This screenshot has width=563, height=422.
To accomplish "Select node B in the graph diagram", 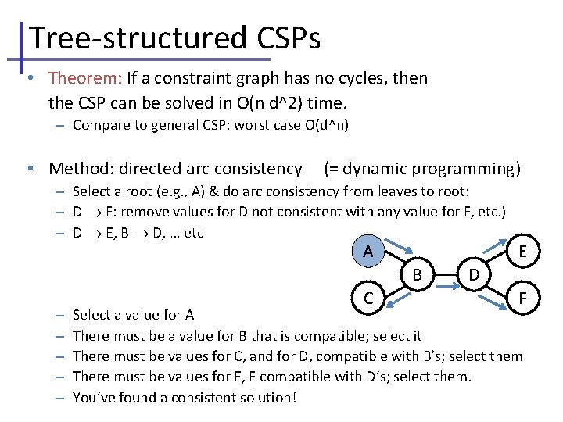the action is point(418,274).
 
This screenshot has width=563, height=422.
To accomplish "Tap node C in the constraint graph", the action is point(368,297).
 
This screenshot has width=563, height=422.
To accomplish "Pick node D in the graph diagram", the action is point(474,274).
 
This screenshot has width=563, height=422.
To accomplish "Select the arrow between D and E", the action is point(496,261).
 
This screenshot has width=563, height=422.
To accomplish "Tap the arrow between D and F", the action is point(497,289).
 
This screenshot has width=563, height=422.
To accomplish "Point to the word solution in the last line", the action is point(263,397).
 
